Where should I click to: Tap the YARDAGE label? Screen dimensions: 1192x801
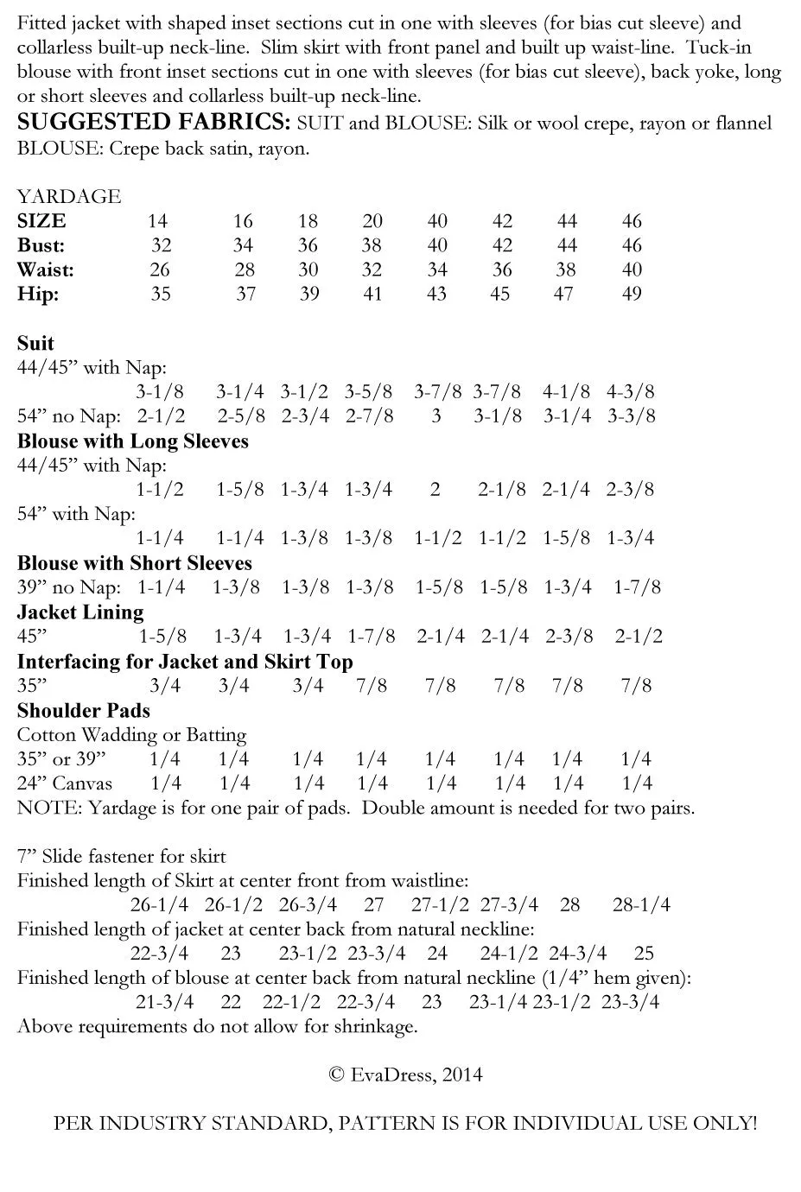coord(68,196)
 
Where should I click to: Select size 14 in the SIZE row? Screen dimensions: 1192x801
coord(157,221)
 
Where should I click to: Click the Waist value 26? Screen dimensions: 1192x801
coord(160,269)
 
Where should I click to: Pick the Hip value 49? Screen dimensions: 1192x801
coord(632,294)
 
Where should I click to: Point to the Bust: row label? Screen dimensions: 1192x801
coord(41,245)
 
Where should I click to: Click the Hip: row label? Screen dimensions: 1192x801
coord(38,294)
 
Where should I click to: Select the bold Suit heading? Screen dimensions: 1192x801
coord(35,343)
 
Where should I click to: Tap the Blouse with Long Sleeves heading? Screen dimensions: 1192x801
coord(132,441)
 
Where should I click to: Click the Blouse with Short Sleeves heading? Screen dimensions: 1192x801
coord(134,563)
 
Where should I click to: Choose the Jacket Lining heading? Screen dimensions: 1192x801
coord(79,612)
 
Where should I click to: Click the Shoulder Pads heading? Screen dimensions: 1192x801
coord(83,711)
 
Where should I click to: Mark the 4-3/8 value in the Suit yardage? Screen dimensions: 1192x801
coord(630,391)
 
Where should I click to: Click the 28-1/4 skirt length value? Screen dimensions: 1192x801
coord(641,905)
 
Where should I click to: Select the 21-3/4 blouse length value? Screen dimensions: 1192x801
coord(164,1002)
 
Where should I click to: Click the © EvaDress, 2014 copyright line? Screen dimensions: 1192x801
coord(405,1075)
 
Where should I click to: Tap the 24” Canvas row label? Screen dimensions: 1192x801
coord(64,783)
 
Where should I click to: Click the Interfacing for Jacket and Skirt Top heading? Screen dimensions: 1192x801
coord(185,662)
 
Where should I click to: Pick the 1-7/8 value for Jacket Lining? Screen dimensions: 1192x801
coord(372,637)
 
